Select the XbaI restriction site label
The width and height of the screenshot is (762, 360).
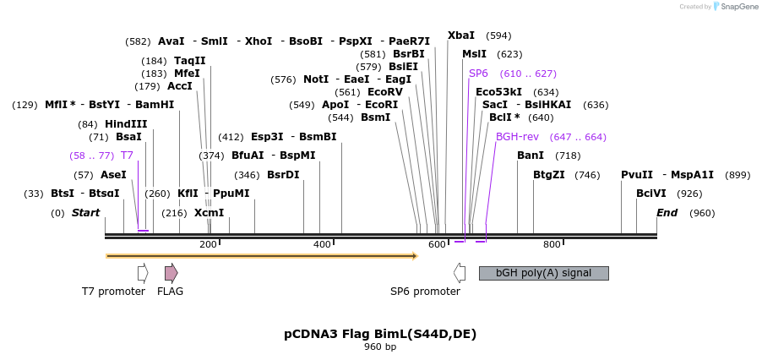click(x=461, y=35)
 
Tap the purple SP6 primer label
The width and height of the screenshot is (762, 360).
click(x=478, y=74)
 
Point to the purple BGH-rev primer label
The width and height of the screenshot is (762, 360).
click(x=517, y=137)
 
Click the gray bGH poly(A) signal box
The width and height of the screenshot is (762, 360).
click(x=543, y=273)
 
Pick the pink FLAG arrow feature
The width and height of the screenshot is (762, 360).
click(x=171, y=272)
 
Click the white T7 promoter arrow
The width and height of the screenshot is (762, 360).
click(x=143, y=272)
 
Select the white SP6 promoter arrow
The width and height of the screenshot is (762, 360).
click(x=460, y=272)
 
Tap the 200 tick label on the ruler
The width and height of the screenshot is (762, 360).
click(x=208, y=245)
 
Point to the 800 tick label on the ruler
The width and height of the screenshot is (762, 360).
click(x=552, y=245)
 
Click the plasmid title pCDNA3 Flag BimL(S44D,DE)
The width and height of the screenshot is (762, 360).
click(x=380, y=334)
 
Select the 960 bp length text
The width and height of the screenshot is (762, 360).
click(x=380, y=347)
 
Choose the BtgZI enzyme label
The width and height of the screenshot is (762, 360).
click(x=550, y=175)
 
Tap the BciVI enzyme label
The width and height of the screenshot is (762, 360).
click(x=650, y=194)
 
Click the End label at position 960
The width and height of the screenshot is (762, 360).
click(x=667, y=213)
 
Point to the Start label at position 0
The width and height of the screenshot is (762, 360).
click(x=85, y=213)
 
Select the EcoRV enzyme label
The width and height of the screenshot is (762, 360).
click(x=385, y=92)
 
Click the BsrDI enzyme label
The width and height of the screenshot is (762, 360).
click(x=283, y=175)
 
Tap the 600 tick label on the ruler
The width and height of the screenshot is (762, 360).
click(x=437, y=245)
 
